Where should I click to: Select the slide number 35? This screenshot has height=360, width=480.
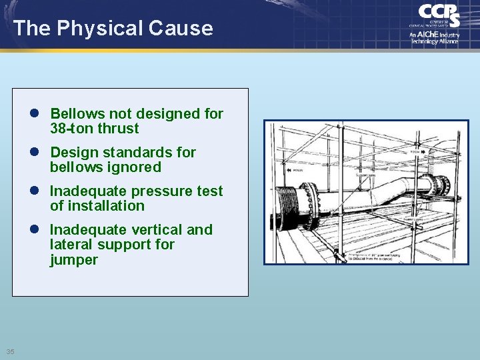coord(10,351)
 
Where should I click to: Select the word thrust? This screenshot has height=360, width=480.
coord(118,129)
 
